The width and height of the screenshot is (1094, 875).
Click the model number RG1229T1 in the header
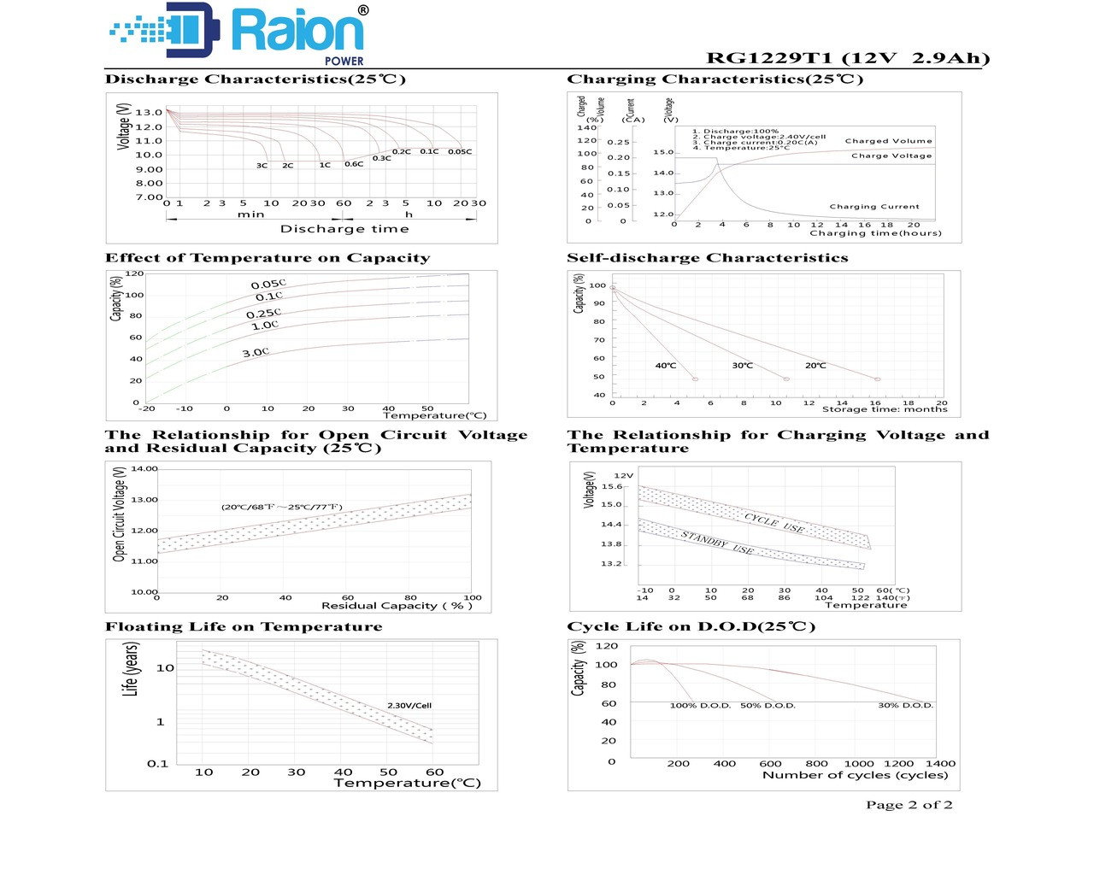(x=768, y=58)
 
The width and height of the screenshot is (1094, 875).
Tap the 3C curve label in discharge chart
(x=262, y=166)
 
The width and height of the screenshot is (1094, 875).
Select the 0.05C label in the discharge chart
(x=460, y=152)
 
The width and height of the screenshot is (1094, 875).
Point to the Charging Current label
(x=874, y=207)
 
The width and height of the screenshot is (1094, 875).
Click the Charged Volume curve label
(x=888, y=141)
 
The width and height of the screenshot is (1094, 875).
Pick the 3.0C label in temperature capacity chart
(x=255, y=352)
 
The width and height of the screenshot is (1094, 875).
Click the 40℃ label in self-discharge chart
(x=665, y=366)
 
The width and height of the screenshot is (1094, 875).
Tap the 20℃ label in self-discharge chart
(x=815, y=366)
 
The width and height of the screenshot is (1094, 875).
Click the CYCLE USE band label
(x=774, y=522)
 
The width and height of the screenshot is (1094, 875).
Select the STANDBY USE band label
(x=717, y=542)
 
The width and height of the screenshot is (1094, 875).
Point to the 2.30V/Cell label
(x=409, y=706)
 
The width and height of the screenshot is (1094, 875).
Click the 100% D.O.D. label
(x=700, y=706)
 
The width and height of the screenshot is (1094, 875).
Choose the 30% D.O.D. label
(x=905, y=706)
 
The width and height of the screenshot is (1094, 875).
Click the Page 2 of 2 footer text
(x=909, y=805)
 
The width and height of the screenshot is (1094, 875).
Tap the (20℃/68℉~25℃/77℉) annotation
(x=281, y=507)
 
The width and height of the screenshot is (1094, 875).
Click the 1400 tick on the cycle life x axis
(x=940, y=764)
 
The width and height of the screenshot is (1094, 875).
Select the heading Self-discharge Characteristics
(x=707, y=258)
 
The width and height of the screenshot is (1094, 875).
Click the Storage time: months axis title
(x=885, y=409)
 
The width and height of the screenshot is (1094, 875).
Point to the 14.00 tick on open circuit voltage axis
(x=144, y=469)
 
